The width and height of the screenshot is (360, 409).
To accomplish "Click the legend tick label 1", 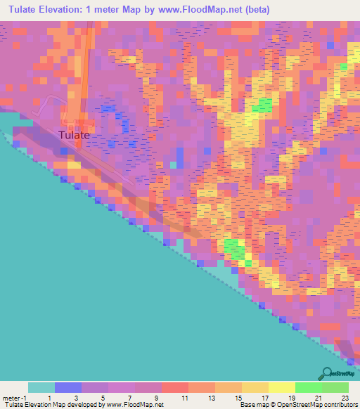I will coord(41,397).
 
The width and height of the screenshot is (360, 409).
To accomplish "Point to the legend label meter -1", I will coord(13,397).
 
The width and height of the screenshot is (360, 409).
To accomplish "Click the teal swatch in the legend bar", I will coord(41,387).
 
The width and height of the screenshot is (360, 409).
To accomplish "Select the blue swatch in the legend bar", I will coord(67,387).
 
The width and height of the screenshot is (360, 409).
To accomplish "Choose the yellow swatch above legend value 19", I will coord(281,387).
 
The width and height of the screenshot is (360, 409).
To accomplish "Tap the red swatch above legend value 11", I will coord(174,387).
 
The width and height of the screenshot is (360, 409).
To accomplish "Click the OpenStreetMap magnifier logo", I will coord(326,373).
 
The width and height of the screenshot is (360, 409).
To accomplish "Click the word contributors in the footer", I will coord(339,405).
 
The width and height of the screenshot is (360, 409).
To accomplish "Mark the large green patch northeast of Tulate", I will coord(263,105).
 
